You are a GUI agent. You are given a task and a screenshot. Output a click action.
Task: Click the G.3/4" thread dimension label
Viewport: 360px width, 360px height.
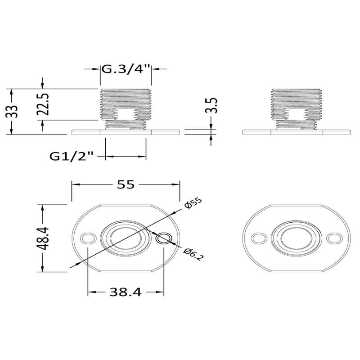point(126,70)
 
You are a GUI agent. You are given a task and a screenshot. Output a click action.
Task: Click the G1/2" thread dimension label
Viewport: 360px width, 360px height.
point(72,156)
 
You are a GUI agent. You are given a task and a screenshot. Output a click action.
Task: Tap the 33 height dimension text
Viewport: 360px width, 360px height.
point(14,111)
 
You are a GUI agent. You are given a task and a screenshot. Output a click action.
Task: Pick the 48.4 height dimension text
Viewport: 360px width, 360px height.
point(43,238)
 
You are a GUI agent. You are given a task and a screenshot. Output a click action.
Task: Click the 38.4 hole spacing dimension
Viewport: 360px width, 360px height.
point(126,292)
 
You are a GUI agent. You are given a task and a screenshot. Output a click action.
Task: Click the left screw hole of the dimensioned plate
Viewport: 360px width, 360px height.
point(88,238)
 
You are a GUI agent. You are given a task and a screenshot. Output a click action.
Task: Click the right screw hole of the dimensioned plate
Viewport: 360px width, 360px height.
point(164,238)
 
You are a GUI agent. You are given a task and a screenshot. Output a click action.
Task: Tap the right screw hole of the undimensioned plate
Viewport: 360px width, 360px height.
point(334,238)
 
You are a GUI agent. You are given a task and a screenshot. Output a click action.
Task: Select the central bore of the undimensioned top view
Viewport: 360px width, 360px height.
point(296,238)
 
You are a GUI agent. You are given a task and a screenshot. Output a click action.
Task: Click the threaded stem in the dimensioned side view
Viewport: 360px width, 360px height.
point(126,108)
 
